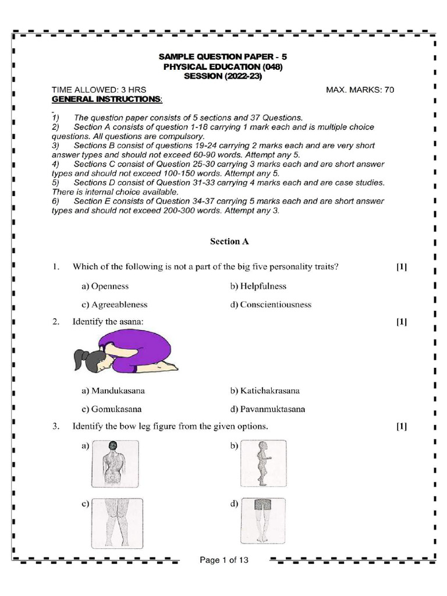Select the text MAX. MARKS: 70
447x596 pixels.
[360, 90]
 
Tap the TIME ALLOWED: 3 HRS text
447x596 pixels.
[99, 90]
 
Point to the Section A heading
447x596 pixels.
[224, 241]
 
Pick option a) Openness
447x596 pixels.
[105, 286]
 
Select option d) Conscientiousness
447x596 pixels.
[271, 304]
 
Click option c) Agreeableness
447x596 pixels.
[115, 304]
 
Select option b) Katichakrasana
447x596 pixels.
[265, 391]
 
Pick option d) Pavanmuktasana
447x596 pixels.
[268, 409]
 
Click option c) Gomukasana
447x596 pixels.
[112, 409]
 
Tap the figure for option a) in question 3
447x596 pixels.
[115, 464]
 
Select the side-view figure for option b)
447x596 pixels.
[264, 464]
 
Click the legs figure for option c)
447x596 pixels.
[117, 524]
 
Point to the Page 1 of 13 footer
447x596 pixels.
[224, 560]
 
